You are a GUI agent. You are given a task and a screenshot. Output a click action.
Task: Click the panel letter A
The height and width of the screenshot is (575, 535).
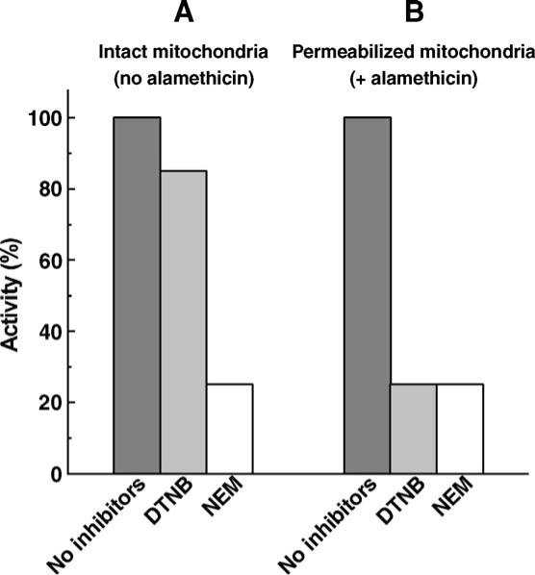coord(183,14)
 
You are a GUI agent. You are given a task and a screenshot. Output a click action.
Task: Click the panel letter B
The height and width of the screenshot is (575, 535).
coord(414,14)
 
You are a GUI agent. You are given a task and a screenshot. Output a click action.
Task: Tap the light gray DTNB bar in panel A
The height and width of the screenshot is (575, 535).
coord(184,322)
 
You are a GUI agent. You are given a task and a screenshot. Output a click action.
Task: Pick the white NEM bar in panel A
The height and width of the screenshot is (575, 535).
coord(230,429)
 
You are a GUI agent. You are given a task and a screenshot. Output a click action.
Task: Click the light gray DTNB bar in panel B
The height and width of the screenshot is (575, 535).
coord(414,429)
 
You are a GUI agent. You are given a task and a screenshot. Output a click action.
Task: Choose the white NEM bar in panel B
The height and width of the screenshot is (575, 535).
coord(460,429)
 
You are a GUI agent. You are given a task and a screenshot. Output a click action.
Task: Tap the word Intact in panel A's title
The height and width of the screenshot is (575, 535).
coord(136,53)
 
